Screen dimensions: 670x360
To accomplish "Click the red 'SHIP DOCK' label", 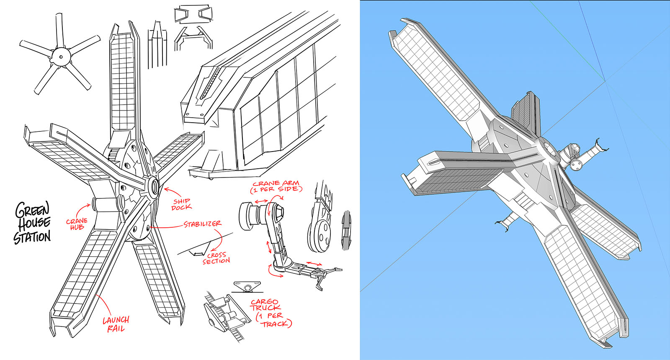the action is click(x=182, y=204).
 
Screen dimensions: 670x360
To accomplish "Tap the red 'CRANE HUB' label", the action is click(x=77, y=224).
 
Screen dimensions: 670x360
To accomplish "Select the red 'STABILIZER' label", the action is click(x=203, y=224).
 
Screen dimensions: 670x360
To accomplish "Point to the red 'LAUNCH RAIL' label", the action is click(x=116, y=324).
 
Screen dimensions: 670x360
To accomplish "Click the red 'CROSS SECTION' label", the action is click(x=216, y=258).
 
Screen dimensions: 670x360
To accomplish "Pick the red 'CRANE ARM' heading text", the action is click(x=276, y=183).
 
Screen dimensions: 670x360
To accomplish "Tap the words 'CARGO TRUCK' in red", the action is click(x=265, y=305).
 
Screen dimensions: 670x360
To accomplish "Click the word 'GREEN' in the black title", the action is click(x=32, y=210).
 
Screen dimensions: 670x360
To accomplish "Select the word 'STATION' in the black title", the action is click(x=32, y=237).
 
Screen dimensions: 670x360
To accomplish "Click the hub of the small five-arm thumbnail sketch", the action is click(x=61, y=57).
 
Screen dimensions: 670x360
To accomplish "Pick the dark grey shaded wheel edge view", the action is click(x=346, y=230).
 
